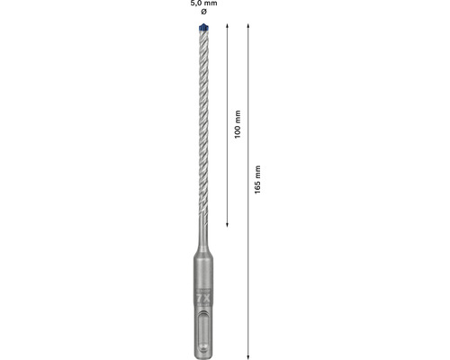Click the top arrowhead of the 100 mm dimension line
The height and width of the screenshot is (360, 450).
tap(226, 28)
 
